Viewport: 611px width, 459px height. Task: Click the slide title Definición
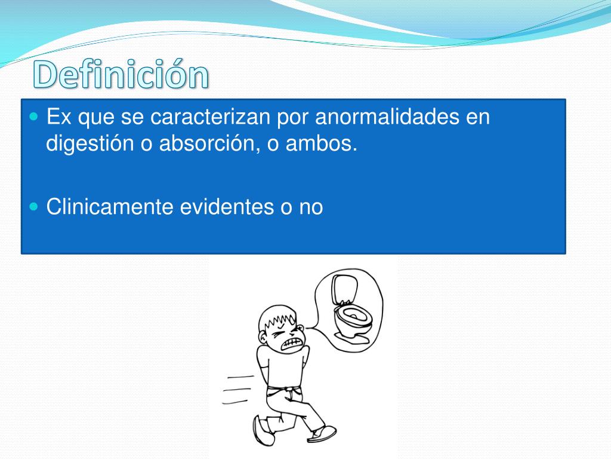pos(121,74)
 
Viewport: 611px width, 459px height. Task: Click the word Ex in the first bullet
pos(59,117)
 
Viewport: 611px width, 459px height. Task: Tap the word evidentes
pos(227,206)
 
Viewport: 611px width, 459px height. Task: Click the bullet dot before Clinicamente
pos(34,206)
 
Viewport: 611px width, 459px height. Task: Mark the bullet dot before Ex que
pos(34,117)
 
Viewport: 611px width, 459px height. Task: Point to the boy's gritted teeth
pos(291,344)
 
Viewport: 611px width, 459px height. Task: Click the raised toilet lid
pos(344,289)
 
